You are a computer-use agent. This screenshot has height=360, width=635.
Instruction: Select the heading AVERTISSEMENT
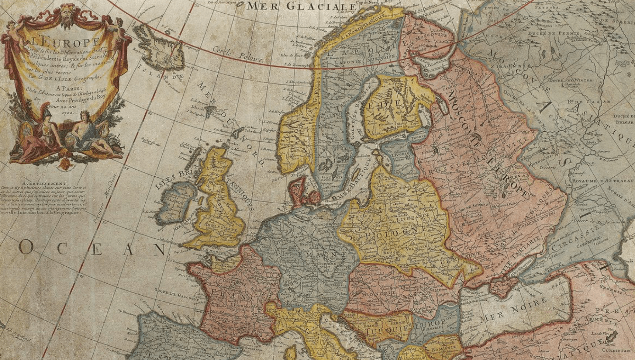coord(45,183)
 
